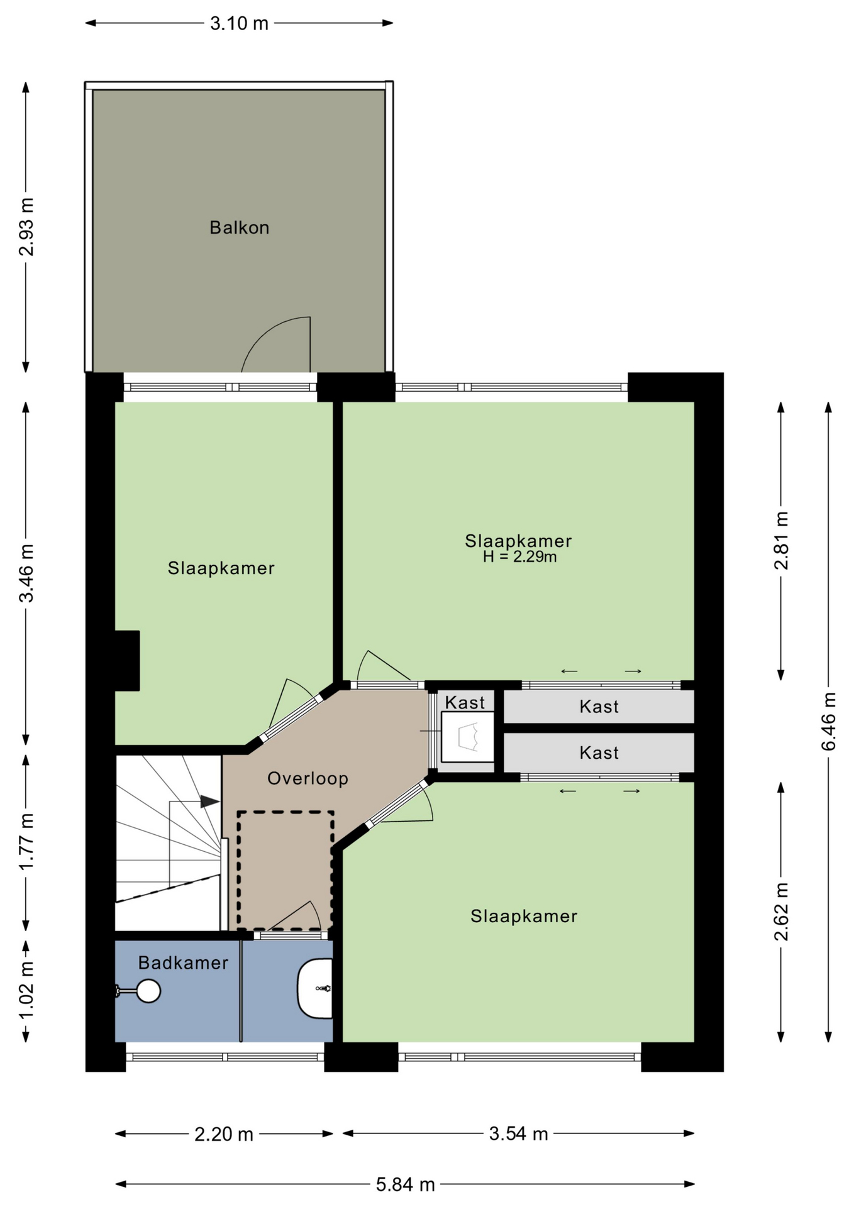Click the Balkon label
coord(239,227)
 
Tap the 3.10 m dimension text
coord(239,24)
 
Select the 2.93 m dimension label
coord(26,227)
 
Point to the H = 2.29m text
coord(519,557)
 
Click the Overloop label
coord(308,778)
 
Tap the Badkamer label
coord(183,962)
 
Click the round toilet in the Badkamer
coord(148,991)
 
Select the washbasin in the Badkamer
coord(314,988)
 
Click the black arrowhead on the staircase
coord(210,802)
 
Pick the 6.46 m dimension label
coord(829,721)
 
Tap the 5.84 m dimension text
coord(406,1184)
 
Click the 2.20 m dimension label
coord(224,1134)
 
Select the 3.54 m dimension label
coord(519,1133)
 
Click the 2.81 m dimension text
coord(781,541)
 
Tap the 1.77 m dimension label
coord(26,842)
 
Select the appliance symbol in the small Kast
coord(468,736)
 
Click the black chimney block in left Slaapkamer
coord(127,661)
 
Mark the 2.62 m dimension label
coord(781,912)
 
